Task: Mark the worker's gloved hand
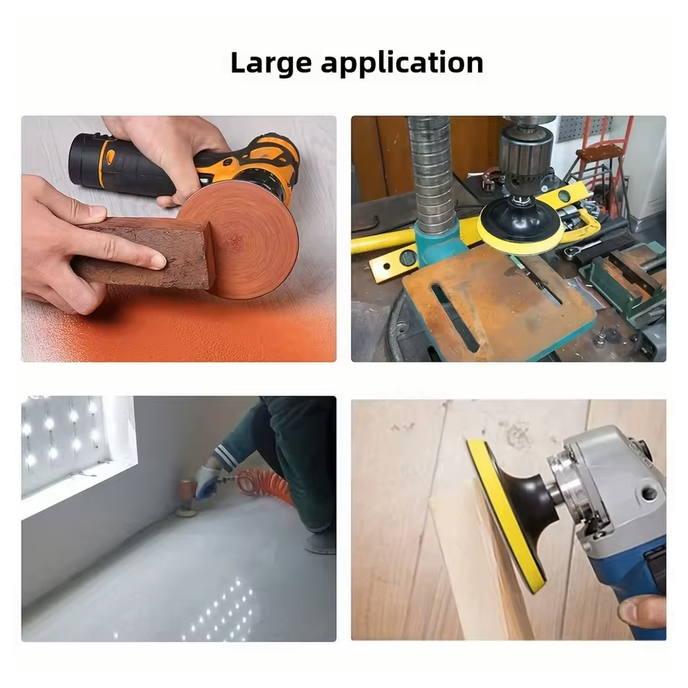[206, 482]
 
